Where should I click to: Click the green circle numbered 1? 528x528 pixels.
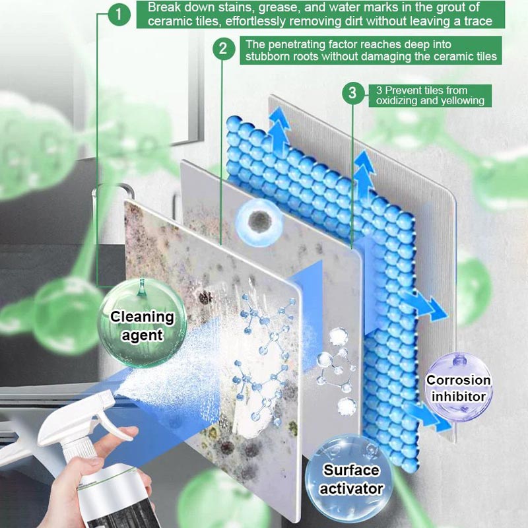pos(119,15)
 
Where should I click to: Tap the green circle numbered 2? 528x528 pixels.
pos(224,49)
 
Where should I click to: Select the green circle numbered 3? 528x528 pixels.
pos(352,93)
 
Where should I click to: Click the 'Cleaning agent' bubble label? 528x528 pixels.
pos(141,325)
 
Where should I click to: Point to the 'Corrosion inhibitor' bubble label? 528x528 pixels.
pos(458,388)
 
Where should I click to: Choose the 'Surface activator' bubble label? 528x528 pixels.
pos(352,479)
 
